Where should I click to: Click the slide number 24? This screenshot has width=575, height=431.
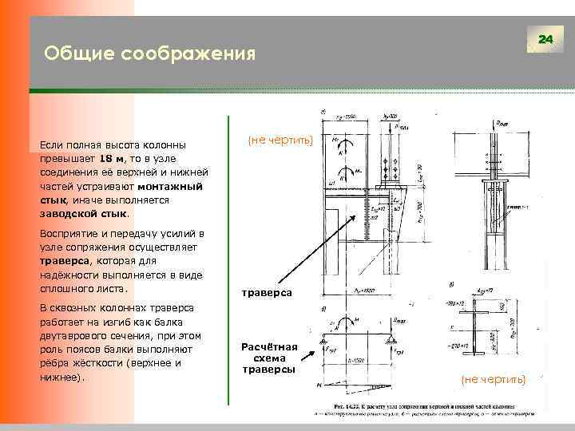pos(545,39)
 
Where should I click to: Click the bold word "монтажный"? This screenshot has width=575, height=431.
pos(169,187)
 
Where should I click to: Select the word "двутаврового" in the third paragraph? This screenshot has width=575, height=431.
pos(74,335)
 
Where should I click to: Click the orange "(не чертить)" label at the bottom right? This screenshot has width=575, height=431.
pos(494,379)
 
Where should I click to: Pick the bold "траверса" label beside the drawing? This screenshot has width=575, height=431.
pos(267,293)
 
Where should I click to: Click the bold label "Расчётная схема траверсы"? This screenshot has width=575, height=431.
pos(270,358)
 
